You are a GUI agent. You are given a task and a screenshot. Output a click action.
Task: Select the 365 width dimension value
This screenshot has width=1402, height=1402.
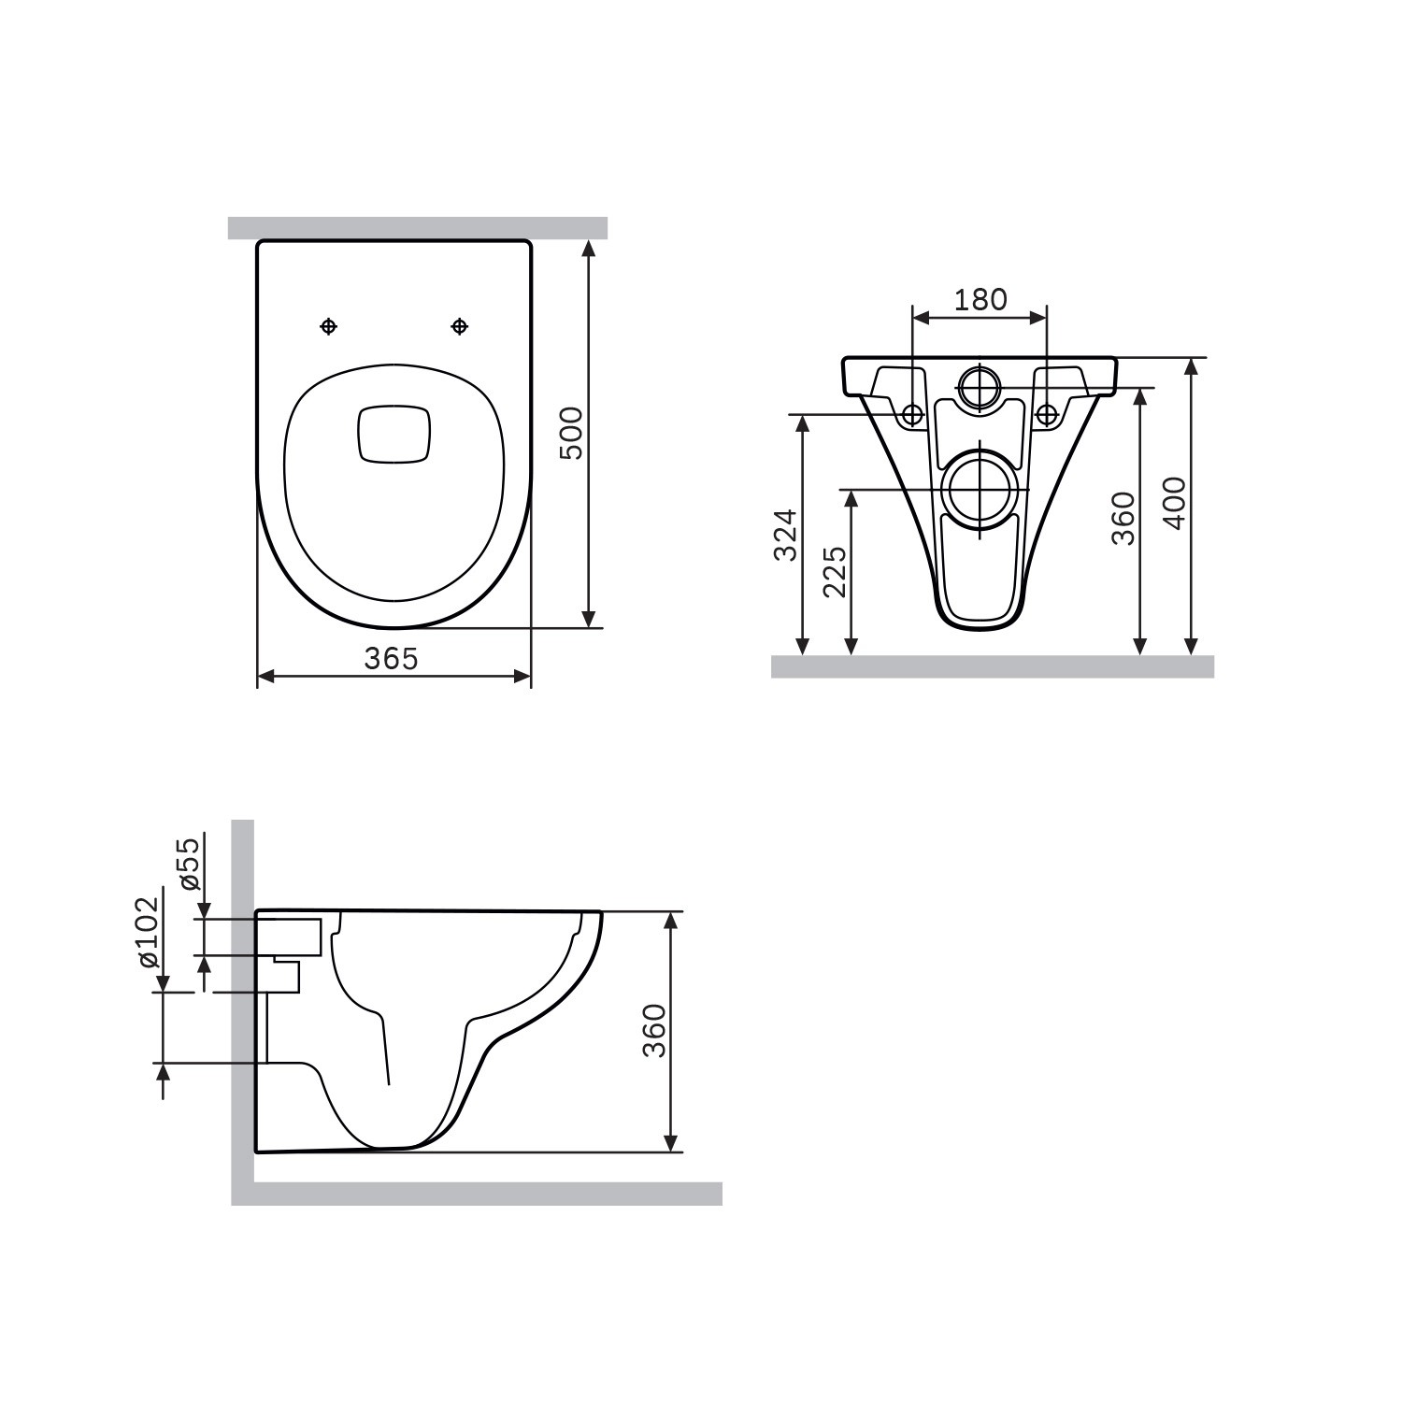tap(391, 658)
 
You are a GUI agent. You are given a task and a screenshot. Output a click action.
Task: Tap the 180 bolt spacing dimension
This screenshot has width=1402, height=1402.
tap(980, 299)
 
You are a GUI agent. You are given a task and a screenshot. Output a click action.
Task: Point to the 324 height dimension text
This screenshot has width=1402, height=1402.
tap(787, 534)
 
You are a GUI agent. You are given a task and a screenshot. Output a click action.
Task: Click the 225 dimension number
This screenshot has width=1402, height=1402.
tap(836, 571)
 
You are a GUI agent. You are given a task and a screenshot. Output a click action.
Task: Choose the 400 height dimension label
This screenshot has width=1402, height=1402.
tap(1174, 503)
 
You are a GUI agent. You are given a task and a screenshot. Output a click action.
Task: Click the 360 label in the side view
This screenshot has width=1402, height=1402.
tap(655, 1030)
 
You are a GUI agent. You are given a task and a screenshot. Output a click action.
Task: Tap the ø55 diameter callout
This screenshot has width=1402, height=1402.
tap(189, 864)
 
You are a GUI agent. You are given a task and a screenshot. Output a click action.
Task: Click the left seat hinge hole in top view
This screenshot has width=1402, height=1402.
tap(328, 325)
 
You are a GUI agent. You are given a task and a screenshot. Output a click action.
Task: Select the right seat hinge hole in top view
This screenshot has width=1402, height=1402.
tap(459, 325)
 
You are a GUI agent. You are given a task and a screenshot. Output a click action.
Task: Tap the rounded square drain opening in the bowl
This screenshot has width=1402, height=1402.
tap(393, 434)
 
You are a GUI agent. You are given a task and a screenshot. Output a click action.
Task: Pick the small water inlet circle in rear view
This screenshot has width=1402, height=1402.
tap(979, 385)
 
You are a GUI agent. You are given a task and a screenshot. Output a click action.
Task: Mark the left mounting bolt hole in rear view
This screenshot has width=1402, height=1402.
tap(912, 413)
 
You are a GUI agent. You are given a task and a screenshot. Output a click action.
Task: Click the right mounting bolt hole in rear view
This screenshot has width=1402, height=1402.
tap(1046, 413)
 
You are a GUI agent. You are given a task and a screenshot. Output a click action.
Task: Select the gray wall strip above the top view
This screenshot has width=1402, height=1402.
tap(418, 228)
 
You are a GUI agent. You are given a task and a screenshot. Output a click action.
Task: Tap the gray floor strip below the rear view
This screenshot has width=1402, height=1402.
tap(992, 665)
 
